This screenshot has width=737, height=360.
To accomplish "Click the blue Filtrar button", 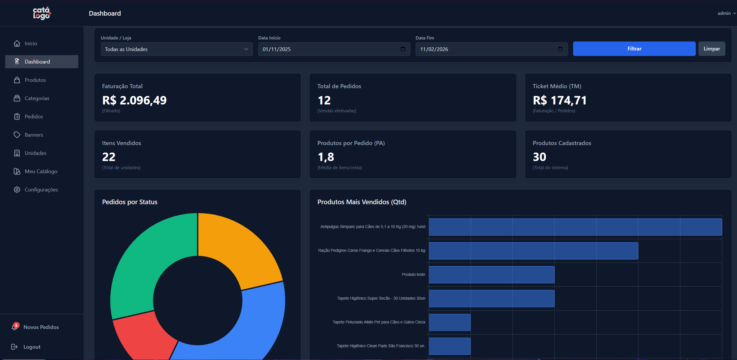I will click(634, 49).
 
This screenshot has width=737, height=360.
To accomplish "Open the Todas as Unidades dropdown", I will click(177, 49).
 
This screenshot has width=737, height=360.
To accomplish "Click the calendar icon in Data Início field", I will click(403, 49).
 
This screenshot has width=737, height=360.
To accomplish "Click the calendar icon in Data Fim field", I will click(560, 49).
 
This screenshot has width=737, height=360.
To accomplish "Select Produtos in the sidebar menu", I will click(35, 80).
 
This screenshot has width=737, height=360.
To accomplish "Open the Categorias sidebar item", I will click(37, 98).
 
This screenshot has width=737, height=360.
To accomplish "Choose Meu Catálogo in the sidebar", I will click(41, 171).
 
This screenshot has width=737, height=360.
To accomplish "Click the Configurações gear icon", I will click(17, 190).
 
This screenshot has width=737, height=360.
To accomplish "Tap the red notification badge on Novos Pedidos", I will click(17, 325).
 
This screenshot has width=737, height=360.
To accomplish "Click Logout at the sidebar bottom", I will click(32, 347).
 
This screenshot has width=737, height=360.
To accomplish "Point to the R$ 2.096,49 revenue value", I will click(134, 100).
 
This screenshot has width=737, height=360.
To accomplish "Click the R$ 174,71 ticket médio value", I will click(559, 100).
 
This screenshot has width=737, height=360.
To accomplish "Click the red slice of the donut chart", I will click(142, 337).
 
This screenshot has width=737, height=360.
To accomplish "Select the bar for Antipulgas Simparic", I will click(575, 227).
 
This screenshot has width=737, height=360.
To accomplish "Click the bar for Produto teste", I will click(491, 275).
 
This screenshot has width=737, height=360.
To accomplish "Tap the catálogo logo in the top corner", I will click(42, 13).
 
